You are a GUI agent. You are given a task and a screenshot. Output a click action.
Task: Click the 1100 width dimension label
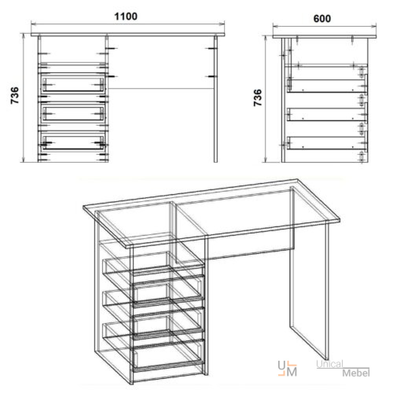(x=126, y=17)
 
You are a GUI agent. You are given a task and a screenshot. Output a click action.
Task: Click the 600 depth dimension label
(x=322, y=18)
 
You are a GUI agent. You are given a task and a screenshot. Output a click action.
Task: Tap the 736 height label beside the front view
(x=15, y=95)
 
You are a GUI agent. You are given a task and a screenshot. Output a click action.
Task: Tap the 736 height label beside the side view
(x=258, y=97)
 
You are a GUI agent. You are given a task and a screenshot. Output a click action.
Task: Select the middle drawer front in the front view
(x=73, y=114)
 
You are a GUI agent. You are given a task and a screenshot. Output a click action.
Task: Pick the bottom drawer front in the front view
(x=73, y=143)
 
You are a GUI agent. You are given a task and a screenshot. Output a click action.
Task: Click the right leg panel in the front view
(x=215, y=99)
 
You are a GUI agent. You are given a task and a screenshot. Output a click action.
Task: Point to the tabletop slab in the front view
(x=128, y=35)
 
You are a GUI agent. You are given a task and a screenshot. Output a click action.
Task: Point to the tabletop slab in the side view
(x=325, y=37)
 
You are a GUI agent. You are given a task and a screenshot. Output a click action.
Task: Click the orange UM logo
(x=288, y=369)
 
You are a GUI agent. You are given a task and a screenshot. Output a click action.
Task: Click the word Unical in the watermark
(x=330, y=364)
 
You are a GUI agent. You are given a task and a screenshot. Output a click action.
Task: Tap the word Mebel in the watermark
(x=356, y=373)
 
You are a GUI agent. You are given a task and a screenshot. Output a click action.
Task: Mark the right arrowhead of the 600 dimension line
(x=374, y=26)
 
